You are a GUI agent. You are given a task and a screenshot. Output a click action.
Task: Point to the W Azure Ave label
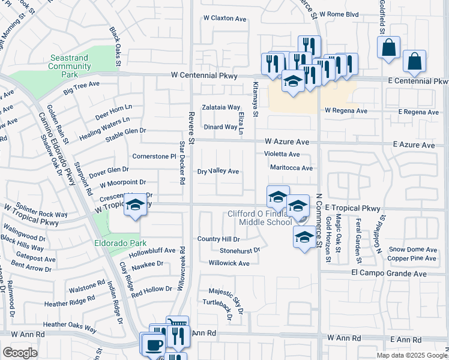click(287, 142)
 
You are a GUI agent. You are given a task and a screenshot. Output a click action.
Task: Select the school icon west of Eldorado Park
click(135, 205)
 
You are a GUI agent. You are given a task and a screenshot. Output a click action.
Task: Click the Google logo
click(20, 353)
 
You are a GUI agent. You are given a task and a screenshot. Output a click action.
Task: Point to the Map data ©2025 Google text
click(411, 355)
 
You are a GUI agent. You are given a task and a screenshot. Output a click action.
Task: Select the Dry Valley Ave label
click(218, 172)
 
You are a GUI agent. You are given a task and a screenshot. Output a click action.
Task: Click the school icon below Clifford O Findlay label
click(304, 237)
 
